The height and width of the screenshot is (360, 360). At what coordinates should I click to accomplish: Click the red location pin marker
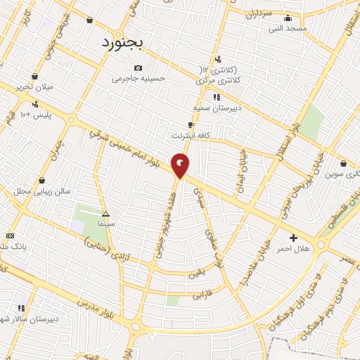coord(181,165)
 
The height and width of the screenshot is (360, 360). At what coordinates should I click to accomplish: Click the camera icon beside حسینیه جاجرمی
coord(138,68)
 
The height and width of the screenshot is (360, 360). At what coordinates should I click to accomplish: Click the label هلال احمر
coord(293,249)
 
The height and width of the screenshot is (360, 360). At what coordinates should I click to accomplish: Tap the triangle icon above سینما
coord(106,214)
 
